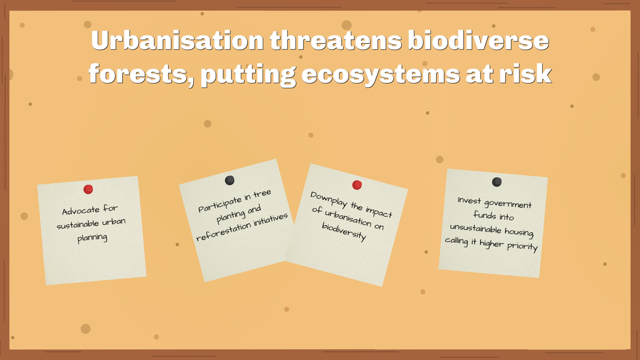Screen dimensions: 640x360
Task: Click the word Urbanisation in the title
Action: (x=177, y=40)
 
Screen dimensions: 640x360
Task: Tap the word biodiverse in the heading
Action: (x=478, y=40)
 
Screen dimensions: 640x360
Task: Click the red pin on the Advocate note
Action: (x=88, y=189)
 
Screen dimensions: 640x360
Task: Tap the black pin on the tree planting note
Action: (x=230, y=180)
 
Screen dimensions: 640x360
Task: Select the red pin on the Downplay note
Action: (x=357, y=185)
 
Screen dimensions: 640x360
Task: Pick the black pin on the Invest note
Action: (x=497, y=182)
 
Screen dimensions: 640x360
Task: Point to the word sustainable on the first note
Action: (x=78, y=224)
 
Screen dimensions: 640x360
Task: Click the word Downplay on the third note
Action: (x=329, y=199)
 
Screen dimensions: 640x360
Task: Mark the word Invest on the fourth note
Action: (x=469, y=200)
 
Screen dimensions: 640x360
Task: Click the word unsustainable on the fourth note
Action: (x=476, y=228)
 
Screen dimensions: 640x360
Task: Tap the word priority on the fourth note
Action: (x=522, y=247)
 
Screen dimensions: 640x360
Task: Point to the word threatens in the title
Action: (x=336, y=40)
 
